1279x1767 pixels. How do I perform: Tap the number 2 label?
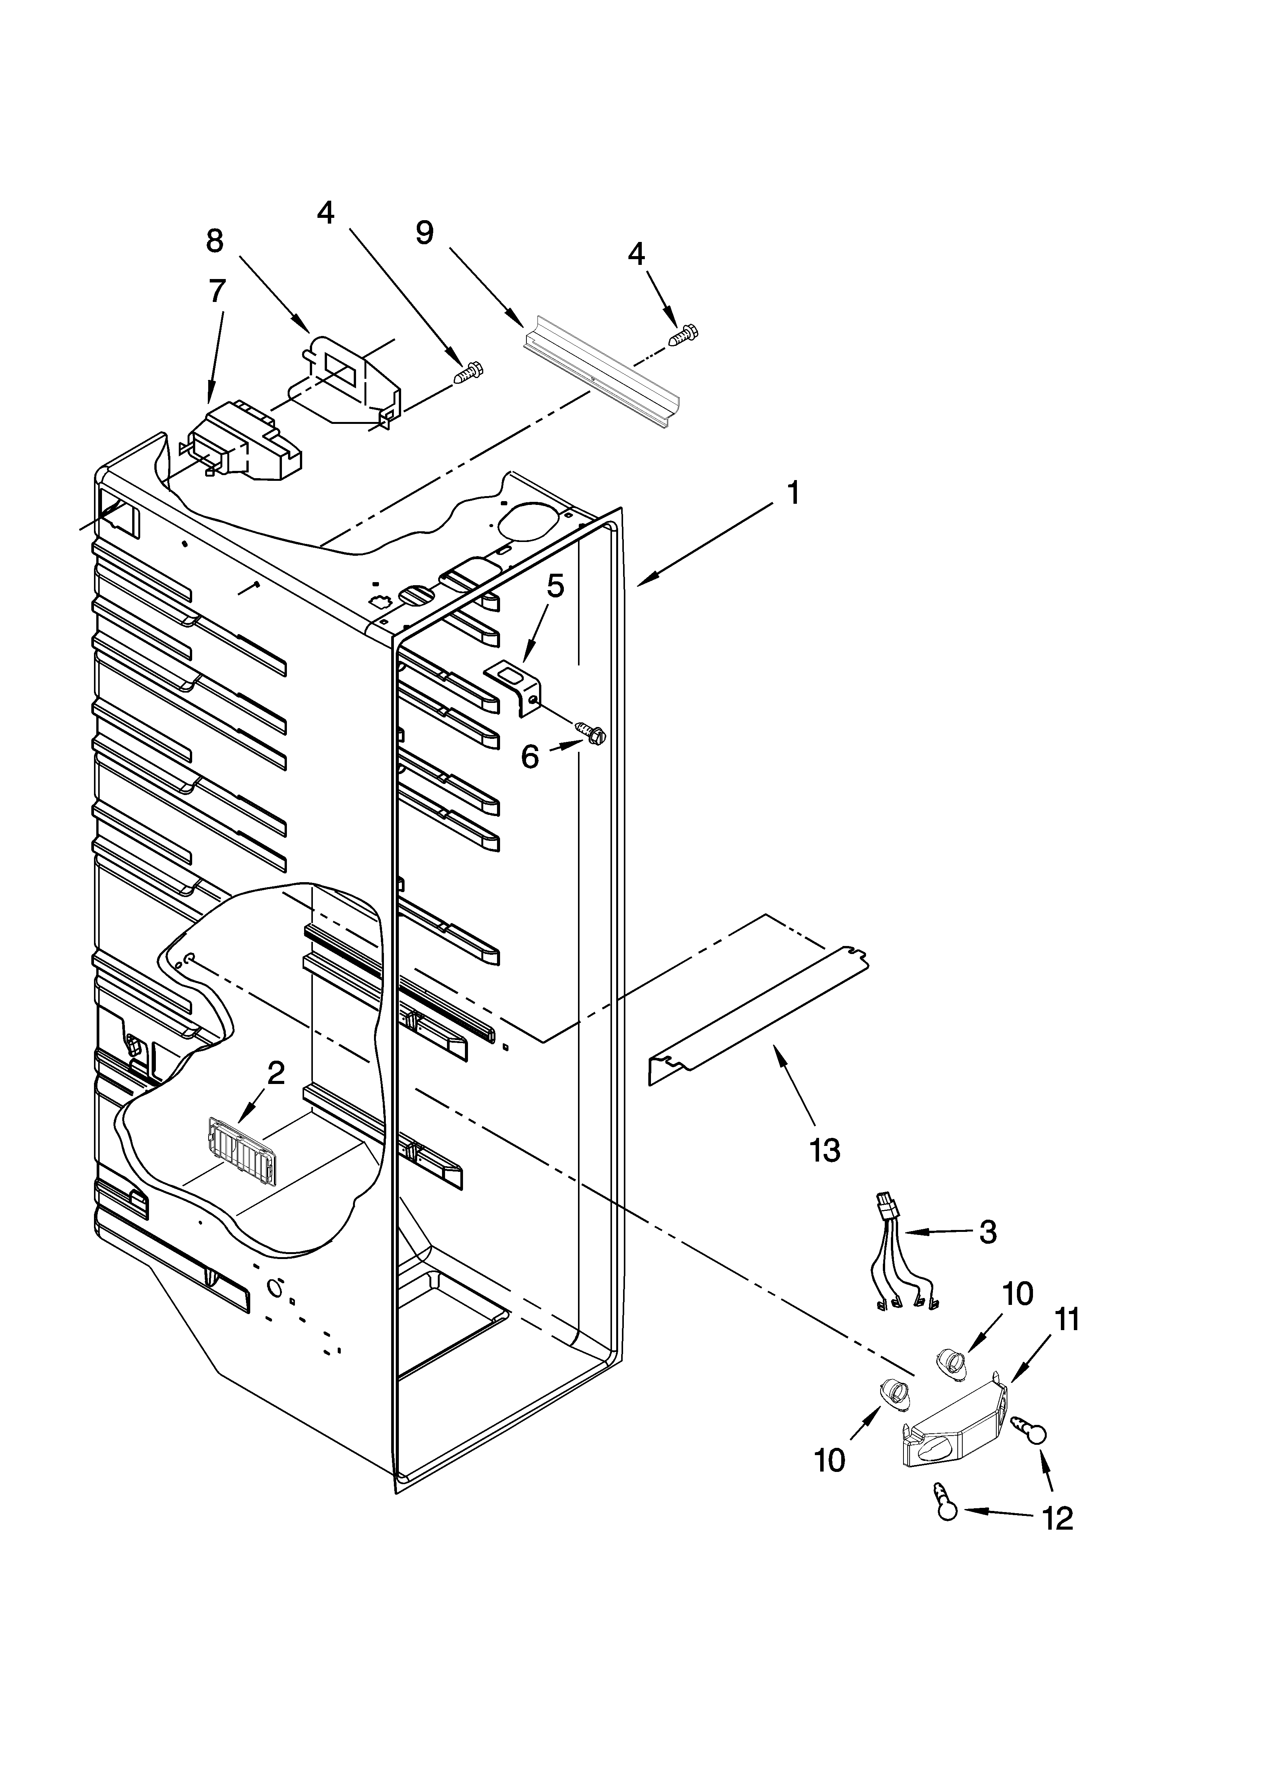click(276, 1074)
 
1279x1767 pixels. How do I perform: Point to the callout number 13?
click(825, 1149)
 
